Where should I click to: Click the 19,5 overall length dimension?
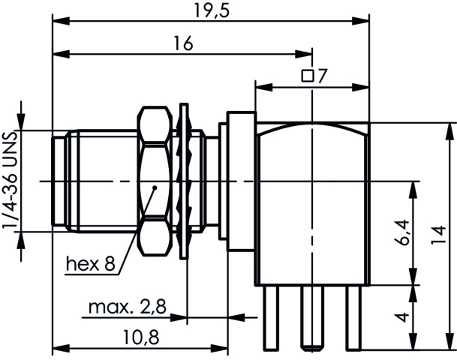click(x=212, y=10)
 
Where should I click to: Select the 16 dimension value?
click(x=184, y=43)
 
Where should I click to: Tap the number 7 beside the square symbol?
click(x=322, y=76)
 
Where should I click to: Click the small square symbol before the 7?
click(x=308, y=76)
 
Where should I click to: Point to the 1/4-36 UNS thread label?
click(x=9, y=181)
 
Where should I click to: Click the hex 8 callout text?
click(x=91, y=264)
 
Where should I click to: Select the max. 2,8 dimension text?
click(x=128, y=307)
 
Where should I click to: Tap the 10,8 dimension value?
click(x=141, y=337)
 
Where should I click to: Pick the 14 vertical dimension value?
click(x=439, y=235)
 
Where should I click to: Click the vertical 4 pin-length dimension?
click(x=403, y=316)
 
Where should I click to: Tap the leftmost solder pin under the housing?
click(x=271, y=317)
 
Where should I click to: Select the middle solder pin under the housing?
click(x=312, y=317)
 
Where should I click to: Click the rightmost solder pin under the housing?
click(x=353, y=317)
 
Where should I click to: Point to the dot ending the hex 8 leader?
click(x=155, y=187)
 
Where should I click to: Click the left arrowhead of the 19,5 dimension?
click(x=62, y=21)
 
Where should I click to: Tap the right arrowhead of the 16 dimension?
click(x=304, y=54)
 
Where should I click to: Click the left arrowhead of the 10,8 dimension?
click(x=62, y=348)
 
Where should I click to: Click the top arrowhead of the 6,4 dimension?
click(x=413, y=190)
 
